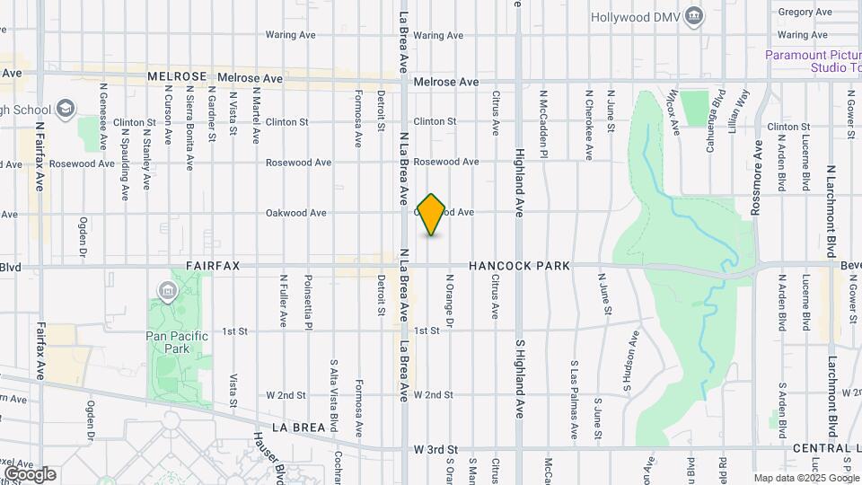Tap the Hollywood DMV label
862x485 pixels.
pyautogui.click(x=635, y=17)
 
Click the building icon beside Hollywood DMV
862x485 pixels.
pyautogui.click(x=694, y=16)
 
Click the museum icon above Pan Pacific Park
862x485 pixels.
pyautogui.click(x=167, y=291)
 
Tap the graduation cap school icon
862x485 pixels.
pyautogui.click(x=65, y=110)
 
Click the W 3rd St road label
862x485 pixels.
pyautogui.click(x=435, y=448)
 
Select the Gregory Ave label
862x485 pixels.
pyautogui.click(x=805, y=12)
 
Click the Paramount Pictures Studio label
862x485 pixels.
pyautogui.click(x=813, y=61)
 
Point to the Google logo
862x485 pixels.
pyautogui.click(x=30, y=473)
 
